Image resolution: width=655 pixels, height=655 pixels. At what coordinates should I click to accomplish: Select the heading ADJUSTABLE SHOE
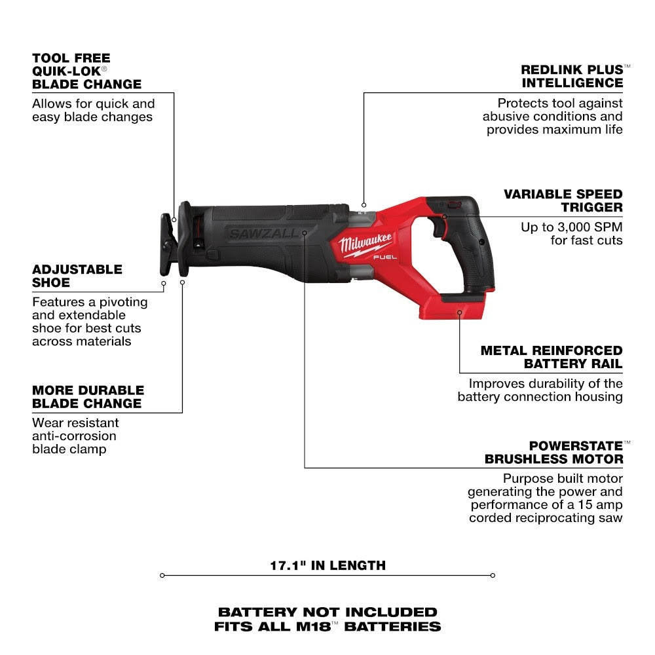[x=77, y=276]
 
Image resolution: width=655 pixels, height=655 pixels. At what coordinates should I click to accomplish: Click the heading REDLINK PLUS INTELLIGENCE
[x=571, y=76]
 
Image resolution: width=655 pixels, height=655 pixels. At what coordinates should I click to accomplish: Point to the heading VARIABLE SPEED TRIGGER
[x=562, y=200]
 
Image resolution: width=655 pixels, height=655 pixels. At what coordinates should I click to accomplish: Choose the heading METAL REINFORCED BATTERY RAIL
[x=551, y=357]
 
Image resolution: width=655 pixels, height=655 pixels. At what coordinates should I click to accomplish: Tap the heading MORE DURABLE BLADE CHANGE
[x=86, y=396]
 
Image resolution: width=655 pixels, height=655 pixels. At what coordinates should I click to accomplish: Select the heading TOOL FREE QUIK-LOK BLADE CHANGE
[x=86, y=71]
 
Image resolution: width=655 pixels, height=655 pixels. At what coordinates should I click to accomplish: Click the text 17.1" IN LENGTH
[x=327, y=565]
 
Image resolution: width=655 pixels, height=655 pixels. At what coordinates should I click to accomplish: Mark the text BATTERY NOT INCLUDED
[x=327, y=612]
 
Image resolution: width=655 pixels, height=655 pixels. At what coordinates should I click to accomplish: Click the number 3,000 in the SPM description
[x=571, y=227]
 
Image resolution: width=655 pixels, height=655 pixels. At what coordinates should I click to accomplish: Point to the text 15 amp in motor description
[x=599, y=505]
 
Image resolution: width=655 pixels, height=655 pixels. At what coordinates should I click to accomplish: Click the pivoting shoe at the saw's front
[x=167, y=246]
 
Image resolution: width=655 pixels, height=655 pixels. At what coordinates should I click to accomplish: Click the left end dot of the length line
[x=162, y=576]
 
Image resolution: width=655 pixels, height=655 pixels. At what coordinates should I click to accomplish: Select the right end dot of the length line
[x=493, y=576]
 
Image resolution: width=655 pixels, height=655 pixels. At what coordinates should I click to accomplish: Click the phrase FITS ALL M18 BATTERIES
[x=327, y=626]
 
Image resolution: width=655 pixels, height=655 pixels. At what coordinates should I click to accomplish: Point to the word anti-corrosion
[x=74, y=436]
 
